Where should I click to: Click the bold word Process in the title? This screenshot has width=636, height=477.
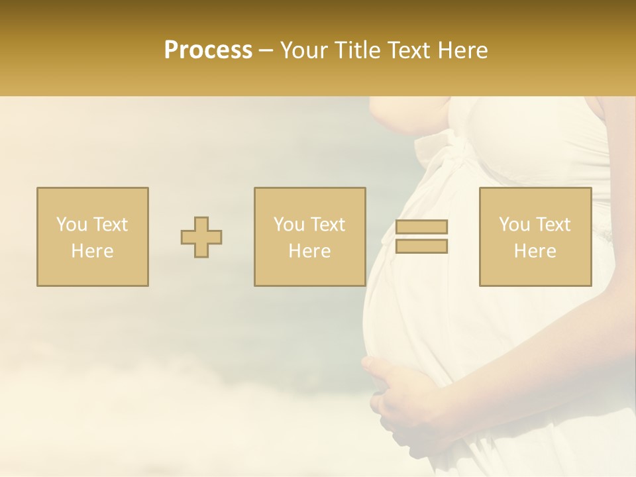click(208, 50)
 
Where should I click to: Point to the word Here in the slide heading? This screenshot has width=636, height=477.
click(462, 50)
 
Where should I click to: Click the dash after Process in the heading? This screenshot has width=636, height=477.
click(266, 50)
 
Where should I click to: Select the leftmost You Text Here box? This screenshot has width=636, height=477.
click(92, 237)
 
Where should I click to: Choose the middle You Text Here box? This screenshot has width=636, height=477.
click(309, 237)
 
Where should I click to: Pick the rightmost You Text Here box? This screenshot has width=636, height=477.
click(535, 237)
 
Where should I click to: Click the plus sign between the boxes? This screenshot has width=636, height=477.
click(201, 237)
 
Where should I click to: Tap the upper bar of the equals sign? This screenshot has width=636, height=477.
click(421, 227)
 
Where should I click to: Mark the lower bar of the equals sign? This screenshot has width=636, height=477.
click(421, 246)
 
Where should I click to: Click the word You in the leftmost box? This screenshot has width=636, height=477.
click(71, 224)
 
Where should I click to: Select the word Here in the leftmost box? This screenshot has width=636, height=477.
click(92, 251)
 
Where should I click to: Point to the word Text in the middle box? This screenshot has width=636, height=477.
click(327, 224)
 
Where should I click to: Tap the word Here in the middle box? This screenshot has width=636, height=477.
click(309, 251)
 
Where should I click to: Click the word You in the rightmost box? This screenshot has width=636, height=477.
click(513, 224)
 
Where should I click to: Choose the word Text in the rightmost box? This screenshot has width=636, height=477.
click(553, 224)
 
